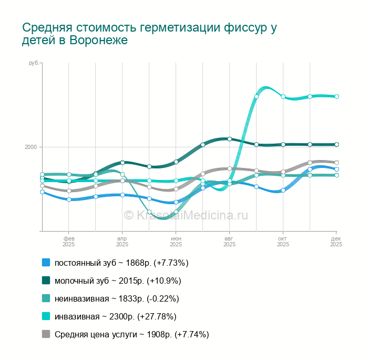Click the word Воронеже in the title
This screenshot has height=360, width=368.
point(101,41)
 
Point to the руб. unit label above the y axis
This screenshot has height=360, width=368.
point(34,63)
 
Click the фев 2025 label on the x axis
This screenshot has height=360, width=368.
point(68,242)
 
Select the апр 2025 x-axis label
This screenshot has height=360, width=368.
point(122,242)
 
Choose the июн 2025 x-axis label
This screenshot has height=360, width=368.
point(176,242)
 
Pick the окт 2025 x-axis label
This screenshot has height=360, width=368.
point(283,242)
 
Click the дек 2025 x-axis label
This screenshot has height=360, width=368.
point(336,242)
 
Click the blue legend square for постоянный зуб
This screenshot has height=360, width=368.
point(46,263)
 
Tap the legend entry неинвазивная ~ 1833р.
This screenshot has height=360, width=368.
point(117,298)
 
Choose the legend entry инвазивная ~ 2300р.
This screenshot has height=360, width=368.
point(115,316)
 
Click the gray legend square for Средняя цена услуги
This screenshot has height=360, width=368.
point(46,334)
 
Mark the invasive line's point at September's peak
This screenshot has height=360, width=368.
point(256,96)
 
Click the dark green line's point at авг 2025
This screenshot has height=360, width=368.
point(230,139)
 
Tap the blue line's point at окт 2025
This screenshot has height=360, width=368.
point(283,190)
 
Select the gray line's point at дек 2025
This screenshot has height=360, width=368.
point(336,163)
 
